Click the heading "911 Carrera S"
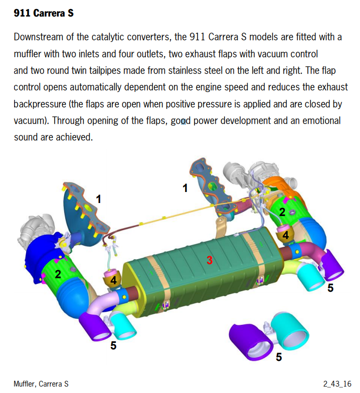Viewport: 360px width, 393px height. tap(44, 13)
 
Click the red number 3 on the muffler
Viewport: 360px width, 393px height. tap(210, 260)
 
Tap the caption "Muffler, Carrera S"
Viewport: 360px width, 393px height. tap(41, 384)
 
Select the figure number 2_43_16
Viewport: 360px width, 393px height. tap(337, 384)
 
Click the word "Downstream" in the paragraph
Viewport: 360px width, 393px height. tap(38, 37)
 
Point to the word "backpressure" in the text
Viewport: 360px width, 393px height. tap(40, 104)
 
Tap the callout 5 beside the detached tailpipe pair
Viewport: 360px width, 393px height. tap(279, 357)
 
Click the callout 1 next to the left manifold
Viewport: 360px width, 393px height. tap(98, 200)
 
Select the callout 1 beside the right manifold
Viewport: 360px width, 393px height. tap(185, 188)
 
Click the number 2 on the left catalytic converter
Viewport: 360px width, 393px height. tap(58, 274)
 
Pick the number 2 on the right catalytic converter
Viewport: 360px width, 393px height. tap(282, 213)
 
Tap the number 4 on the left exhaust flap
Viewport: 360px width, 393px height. tap(113, 281)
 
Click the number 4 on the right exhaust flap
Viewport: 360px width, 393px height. tap(286, 236)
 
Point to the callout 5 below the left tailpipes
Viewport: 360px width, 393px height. tap(113, 346)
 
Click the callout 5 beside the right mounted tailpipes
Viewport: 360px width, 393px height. tap(330, 288)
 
